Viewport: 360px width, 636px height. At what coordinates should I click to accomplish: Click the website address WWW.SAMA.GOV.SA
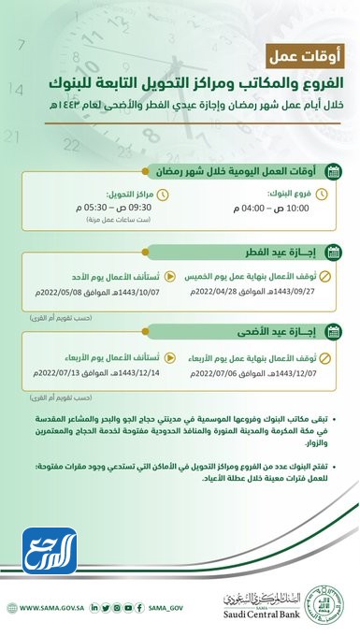pyautogui.click(x=50, y=607)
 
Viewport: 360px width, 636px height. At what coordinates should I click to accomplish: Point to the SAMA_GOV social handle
pyautogui.click(x=169, y=607)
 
